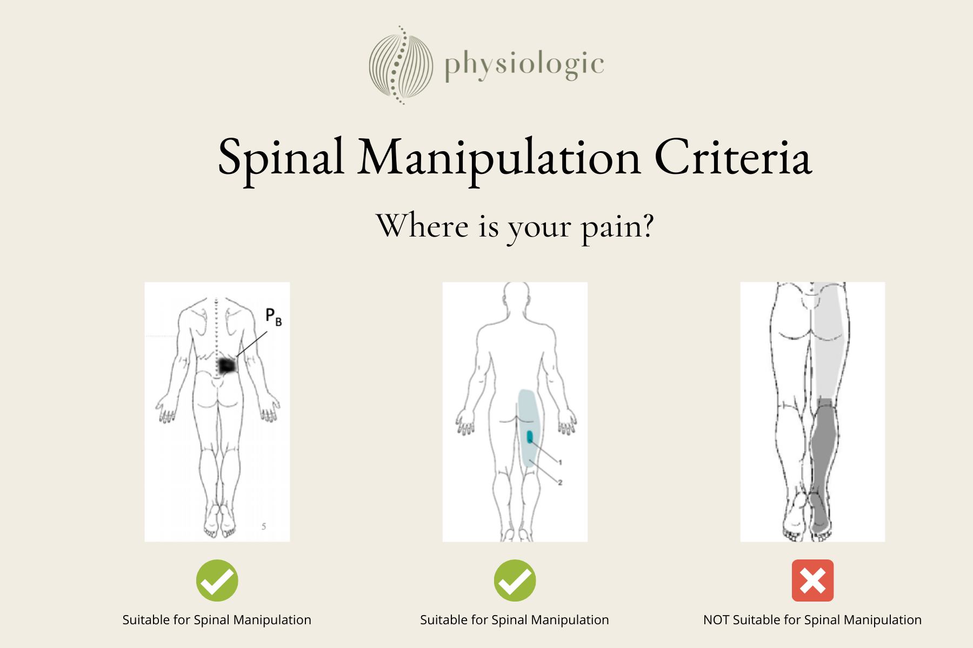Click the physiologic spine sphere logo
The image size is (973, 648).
[x=401, y=65]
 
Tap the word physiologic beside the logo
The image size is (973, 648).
[x=523, y=65]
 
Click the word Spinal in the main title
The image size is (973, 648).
[x=281, y=158]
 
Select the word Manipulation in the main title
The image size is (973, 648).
[x=499, y=158]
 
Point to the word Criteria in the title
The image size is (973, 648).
[x=733, y=158]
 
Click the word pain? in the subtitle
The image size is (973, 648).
[x=617, y=227]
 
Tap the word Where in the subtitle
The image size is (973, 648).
[x=422, y=226]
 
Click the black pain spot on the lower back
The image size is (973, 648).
[x=227, y=366]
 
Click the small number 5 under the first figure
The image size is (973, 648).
[x=264, y=526]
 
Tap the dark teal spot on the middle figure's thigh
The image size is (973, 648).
[x=530, y=437]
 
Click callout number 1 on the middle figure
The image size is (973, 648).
[x=561, y=462]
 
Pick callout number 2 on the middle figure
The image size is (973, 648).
[x=561, y=482]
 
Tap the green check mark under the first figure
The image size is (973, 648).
[x=217, y=580]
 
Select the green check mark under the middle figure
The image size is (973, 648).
[x=515, y=580]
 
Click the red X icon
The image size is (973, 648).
[x=812, y=580]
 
